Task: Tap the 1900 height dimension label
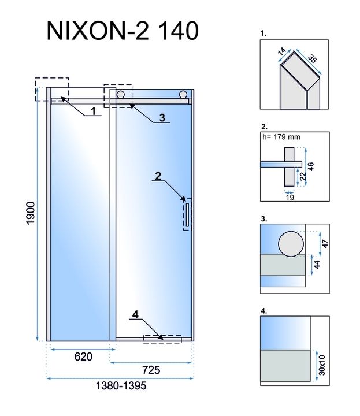31,214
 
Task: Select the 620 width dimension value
83,357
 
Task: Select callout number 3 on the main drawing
162,117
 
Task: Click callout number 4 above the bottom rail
135,315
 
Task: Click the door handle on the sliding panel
187,215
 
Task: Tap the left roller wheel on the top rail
121,94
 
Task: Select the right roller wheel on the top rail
183,94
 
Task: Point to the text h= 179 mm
281,138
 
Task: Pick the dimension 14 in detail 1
283,53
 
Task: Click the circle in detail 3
290,244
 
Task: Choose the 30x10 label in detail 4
322,365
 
